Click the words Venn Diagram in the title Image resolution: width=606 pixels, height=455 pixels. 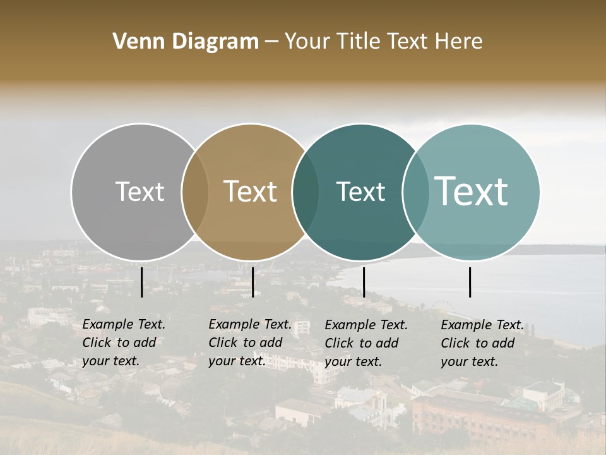coord(186,42)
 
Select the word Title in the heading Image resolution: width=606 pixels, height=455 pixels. coord(357,42)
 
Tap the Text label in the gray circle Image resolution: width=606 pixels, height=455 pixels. coord(140,191)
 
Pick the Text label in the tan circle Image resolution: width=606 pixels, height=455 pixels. coord(250,191)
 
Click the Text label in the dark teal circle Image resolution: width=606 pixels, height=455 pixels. coord(360,191)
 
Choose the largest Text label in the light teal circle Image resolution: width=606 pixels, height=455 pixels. coord(472,191)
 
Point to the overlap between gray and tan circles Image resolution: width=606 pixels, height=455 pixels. coord(195,192)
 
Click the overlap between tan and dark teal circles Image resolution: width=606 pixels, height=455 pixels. coord(306,192)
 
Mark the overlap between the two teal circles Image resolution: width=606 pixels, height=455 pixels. coord(415,192)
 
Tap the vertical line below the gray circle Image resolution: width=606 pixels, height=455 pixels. coord(141,282)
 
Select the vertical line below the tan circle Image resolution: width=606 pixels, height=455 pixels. coord(252,282)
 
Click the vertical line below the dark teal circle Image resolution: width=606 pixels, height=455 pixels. coord(364,282)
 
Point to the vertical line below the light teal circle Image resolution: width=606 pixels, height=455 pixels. coord(470,282)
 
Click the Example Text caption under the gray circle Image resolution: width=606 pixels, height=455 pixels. coord(123,343)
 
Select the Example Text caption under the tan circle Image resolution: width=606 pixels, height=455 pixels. coord(249,343)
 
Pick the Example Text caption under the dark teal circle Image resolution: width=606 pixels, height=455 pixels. coord(365,343)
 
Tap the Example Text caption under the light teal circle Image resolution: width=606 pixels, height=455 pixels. coord(482,343)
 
